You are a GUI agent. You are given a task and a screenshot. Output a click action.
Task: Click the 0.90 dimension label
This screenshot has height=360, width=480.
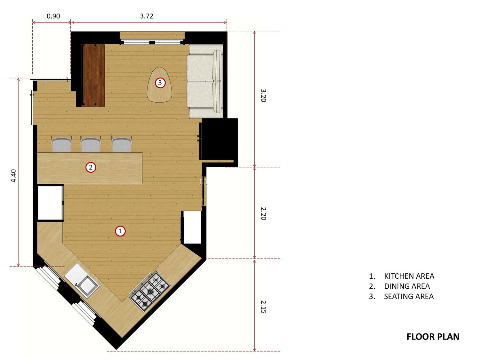tap(53, 16)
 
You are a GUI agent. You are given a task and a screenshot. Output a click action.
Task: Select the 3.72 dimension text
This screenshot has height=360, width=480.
tap(147, 16)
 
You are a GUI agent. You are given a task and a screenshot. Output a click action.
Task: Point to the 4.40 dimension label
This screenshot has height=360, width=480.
tap(13, 176)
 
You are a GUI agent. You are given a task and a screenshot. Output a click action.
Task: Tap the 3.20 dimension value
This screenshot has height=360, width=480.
tap(263, 95)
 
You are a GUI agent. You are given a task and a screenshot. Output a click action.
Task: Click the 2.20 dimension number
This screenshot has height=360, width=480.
tap(263, 213)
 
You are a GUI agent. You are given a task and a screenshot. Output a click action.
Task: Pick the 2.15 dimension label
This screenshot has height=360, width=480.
tap(263, 307)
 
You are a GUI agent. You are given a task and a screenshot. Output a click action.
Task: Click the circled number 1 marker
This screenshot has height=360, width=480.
tap(120, 231)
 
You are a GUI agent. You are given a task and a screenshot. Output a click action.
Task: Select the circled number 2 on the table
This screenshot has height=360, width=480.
tap(91, 167)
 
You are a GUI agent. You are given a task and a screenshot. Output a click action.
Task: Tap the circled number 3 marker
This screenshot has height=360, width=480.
tap(160, 83)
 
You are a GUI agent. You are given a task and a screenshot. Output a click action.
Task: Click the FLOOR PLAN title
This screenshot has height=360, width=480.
tap(433, 337)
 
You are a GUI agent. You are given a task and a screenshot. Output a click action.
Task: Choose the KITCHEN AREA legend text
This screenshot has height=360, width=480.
tap(409, 276)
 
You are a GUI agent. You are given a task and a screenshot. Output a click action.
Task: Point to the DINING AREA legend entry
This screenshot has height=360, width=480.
tap(407, 286)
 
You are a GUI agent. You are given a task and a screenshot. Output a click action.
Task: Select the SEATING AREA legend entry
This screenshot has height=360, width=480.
tap(409, 296)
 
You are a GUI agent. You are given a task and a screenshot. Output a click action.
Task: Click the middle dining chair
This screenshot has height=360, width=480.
tap(91, 145)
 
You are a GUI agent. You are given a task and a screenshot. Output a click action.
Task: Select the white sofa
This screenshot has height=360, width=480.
tap(205, 81)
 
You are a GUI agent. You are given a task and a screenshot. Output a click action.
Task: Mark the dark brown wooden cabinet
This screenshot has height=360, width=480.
tap(94, 75)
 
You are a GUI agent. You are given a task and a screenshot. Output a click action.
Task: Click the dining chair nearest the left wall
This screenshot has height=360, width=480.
tap(62, 145)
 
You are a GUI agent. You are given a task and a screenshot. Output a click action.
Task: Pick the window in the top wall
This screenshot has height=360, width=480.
tap(152, 42)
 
